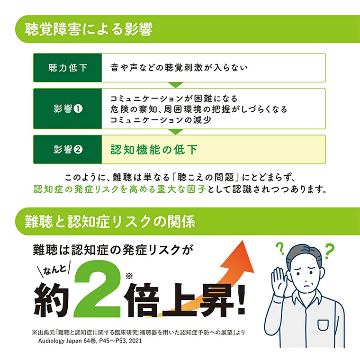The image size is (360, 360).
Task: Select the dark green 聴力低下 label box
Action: pos(68,68)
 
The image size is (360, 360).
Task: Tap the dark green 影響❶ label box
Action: pos(68,108)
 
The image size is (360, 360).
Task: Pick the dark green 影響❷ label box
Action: pos(68,149)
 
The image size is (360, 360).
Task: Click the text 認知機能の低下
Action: pos(153,149)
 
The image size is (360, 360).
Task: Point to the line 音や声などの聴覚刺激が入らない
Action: pos(179,67)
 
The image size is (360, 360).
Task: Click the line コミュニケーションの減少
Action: pos(161,120)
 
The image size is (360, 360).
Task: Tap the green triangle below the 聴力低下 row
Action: pos(175,85)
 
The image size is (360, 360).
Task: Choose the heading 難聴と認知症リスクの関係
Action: pos(110,221)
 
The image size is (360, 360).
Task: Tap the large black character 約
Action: pos(51,299)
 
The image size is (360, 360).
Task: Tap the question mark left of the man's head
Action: pos(279,247)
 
